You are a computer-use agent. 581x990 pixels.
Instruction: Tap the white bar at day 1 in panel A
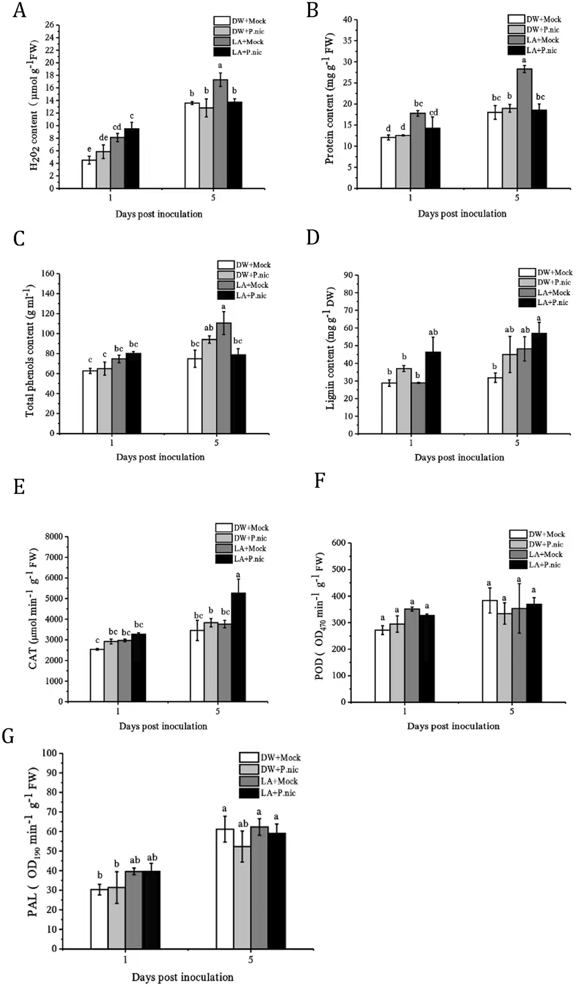click(x=89, y=174)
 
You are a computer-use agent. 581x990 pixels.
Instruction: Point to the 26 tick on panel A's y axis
click(x=50, y=25)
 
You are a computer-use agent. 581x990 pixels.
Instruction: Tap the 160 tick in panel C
click(x=47, y=274)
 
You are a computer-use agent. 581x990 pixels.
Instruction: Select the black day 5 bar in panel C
click(x=238, y=394)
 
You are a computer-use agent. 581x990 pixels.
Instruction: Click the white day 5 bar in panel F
click(x=490, y=651)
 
